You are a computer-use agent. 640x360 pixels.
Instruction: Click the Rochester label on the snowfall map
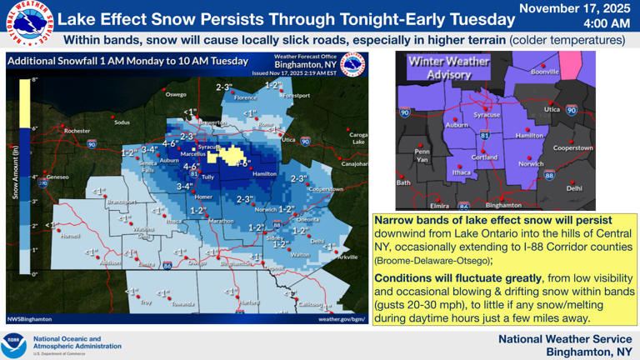point(77,131)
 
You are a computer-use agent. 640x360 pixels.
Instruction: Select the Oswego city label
point(176,94)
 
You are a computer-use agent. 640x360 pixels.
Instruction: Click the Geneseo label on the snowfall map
point(57,177)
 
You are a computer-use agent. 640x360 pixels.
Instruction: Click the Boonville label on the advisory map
point(545,72)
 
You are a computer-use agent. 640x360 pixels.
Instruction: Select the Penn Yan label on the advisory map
point(422,155)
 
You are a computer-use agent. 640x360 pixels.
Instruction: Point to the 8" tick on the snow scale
point(35,79)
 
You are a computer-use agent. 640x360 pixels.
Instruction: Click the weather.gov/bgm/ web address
point(342,318)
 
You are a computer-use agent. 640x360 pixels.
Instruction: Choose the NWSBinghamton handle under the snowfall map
point(29,318)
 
